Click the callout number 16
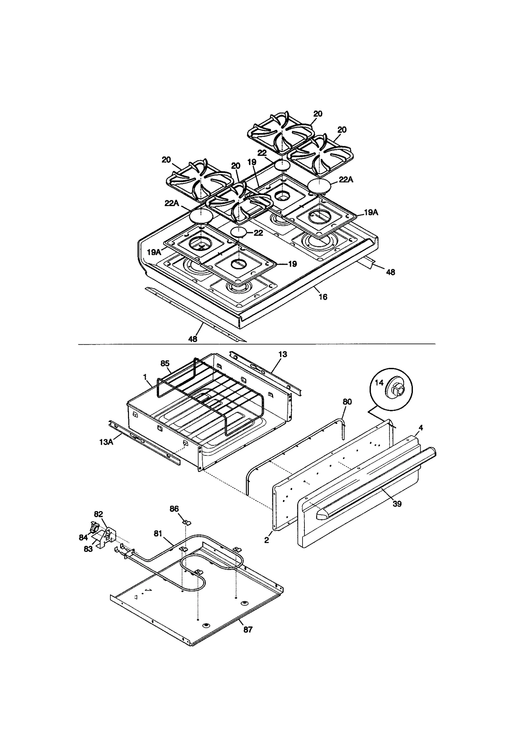322,297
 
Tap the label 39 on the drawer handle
397,504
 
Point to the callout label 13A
106,442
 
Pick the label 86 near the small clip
174,509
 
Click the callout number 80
347,402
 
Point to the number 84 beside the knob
83,537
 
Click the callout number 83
88,549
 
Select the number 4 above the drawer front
421,428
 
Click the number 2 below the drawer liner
267,540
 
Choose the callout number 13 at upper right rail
283,354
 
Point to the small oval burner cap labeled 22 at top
282,165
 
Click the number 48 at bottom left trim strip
193,339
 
